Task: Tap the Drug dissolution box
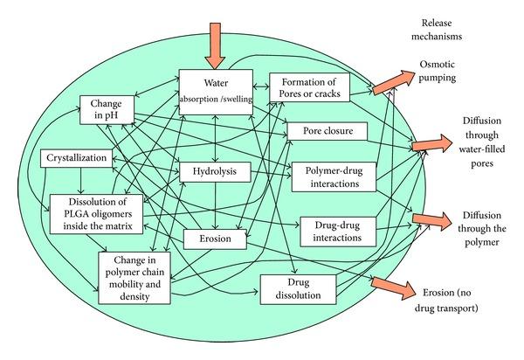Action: point(299,289)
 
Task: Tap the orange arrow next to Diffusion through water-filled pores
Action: point(431,143)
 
